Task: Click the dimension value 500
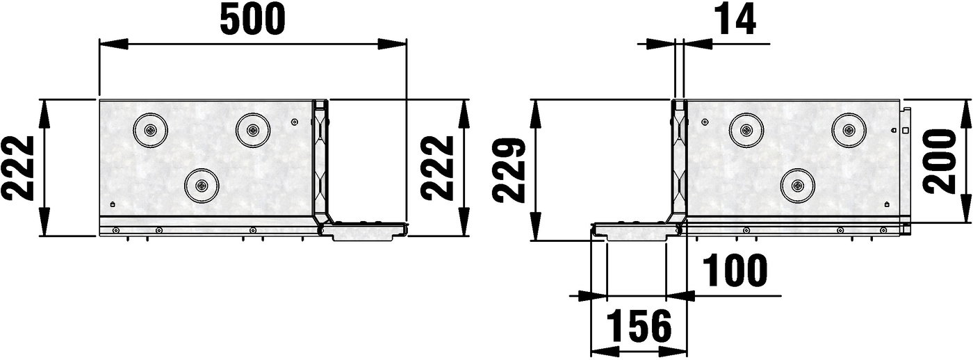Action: (253, 19)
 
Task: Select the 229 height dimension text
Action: (509, 170)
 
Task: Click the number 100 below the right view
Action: (735, 270)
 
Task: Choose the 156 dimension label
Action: (639, 326)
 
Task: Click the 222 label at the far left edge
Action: (18, 168)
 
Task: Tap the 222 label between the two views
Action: (438, 167)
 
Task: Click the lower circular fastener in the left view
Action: (201, 186)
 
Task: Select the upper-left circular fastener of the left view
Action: (150, 130)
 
